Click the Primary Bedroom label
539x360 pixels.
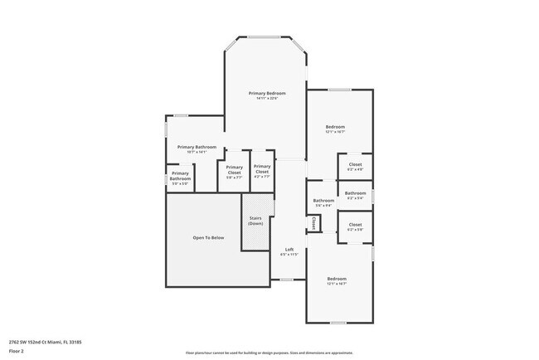coord(267,93)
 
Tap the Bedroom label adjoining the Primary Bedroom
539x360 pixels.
coord(334,127)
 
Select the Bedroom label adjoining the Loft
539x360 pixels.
coord(336,278)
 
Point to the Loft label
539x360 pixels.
coord(289,250)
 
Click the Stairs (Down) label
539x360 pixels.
coord(255,221)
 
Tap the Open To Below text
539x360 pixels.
coord(208,237)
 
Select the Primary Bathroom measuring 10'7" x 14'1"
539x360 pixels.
coord(197,147)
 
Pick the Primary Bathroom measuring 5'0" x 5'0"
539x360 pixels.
coord(180,176)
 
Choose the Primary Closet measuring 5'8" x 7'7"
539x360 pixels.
coord(235,169)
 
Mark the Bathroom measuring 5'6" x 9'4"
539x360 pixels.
coord(323,201)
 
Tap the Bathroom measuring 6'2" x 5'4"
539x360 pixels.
coord(355,193)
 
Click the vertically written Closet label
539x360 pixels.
coord(314,223)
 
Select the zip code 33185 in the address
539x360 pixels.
coord(75,341)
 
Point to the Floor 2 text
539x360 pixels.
coord(17,351)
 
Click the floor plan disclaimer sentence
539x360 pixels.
coord(269,352)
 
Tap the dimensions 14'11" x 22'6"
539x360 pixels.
coord(267,99)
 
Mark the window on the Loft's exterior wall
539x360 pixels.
coord(286,280)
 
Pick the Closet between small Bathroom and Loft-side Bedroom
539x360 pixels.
coord(355,225)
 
